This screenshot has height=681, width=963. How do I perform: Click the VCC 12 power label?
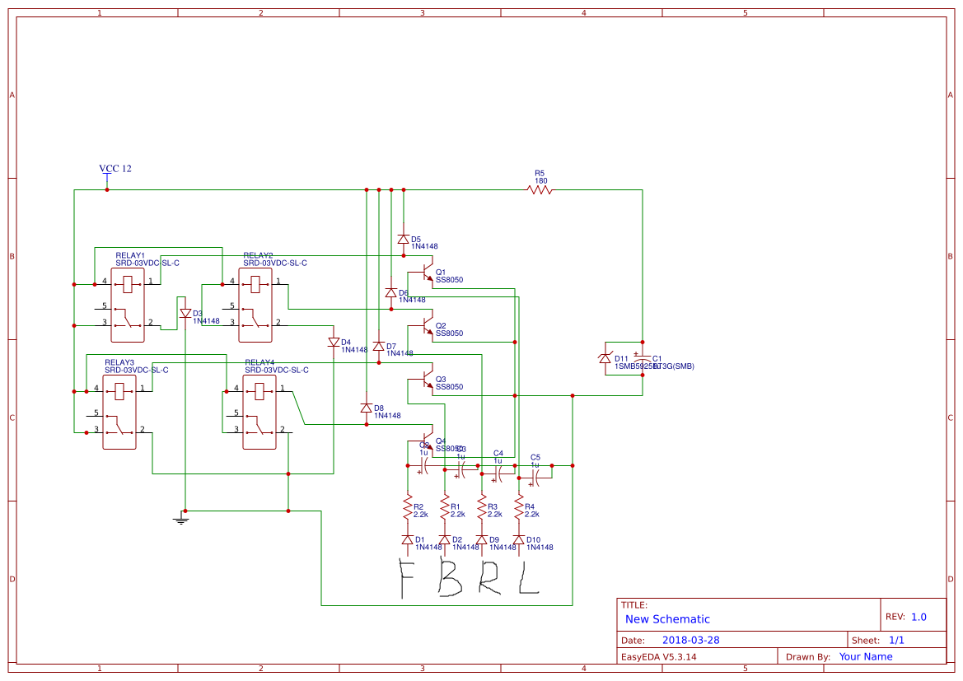pyautogui.click(x=115, y=169)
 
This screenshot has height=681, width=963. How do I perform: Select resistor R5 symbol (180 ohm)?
pyautogui.click(x=540, y=190)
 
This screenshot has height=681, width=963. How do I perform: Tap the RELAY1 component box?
pyautogui.click(x=128, y=305)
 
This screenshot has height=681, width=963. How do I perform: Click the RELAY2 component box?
pyautogui.click(x=255, y=305)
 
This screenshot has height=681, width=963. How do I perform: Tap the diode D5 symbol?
pyautogui.click(x=403, y=239)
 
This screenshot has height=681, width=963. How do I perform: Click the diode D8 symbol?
pyautogui.click(x=366, y=408)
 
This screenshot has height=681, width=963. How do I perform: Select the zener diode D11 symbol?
pyautogui.click(x=605, y=358)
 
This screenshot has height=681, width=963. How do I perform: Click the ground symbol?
pyautogui.click(x=181, y=519)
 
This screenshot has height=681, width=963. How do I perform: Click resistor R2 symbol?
pyautogui.click(x=407, y=506)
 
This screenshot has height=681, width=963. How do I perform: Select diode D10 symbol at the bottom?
pyautogui.click(x=518, y=540)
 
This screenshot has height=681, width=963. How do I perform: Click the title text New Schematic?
pyautogui.click(x=667, y=619)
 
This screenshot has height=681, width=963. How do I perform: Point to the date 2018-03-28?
pyautogui.click(x=690, y=640)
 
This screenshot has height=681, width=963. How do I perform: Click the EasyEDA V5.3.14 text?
pyautogui.click(x=658, y=656)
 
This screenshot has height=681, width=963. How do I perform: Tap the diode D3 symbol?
pyautogui.click(x=185, y=313)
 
